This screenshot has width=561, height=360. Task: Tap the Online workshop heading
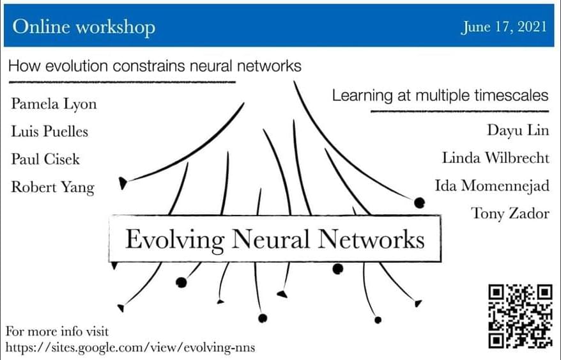(x=84, y=27)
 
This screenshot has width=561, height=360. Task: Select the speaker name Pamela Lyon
(x=54, y=104)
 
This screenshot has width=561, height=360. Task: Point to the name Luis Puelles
(x=49, y=132)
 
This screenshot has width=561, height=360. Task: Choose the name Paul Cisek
(x=45, y=159)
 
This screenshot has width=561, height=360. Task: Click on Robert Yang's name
(x=52, y=187)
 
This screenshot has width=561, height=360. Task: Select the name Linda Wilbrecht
(x=495, y=158)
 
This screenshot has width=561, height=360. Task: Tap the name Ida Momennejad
(x=491, y=186)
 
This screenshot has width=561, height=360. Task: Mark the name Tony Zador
(x=510, y=214)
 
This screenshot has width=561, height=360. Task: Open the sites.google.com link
(x=131, y=347)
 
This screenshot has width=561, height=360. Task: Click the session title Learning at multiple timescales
(x=440, y=96)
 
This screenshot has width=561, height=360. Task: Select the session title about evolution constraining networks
(x=155, y=66)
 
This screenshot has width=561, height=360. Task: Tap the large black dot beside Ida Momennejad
(x=419, y=203)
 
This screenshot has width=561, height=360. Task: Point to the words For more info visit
(x=58, y=332)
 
